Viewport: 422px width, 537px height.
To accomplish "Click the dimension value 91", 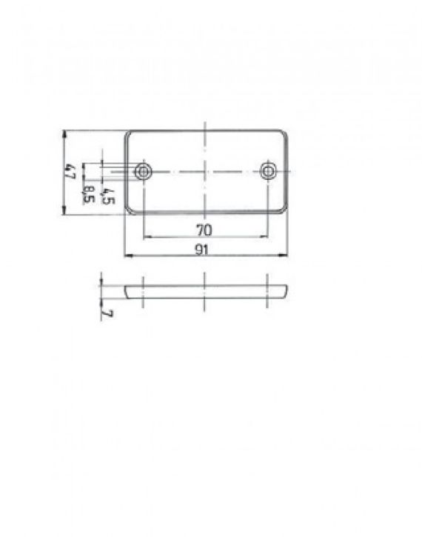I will click(x=203, y=250).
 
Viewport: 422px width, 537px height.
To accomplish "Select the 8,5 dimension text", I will click(x=89, y=195).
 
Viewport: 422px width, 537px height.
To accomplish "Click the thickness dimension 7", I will click(x=108, y=313).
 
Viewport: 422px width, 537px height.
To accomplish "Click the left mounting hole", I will click(x=143, y=172).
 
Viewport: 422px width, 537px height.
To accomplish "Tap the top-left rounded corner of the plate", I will click(x=130, y=135).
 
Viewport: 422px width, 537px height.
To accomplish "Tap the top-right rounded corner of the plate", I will click(x=283, y=135).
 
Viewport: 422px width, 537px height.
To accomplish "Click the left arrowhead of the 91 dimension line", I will click(x=126, y=256).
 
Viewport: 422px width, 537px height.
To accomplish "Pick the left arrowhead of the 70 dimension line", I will click(x=146, y=237).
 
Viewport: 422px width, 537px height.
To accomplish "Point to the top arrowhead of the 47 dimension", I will click(x=66, y=134).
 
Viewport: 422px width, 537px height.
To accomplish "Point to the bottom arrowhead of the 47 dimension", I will click(x=66, y=212).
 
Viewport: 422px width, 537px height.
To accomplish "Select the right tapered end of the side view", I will click(x=284, y=290).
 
